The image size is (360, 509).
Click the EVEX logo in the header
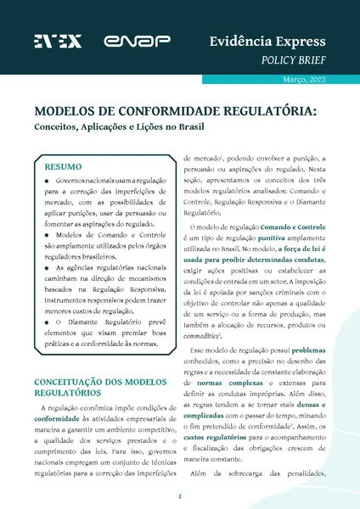point(58,41)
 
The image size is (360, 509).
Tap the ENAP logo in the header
point(127,41)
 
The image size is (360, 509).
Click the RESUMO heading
point(63,168)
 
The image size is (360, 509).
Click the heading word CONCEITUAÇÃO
point(72,358)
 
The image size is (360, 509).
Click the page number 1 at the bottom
point(180,496)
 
